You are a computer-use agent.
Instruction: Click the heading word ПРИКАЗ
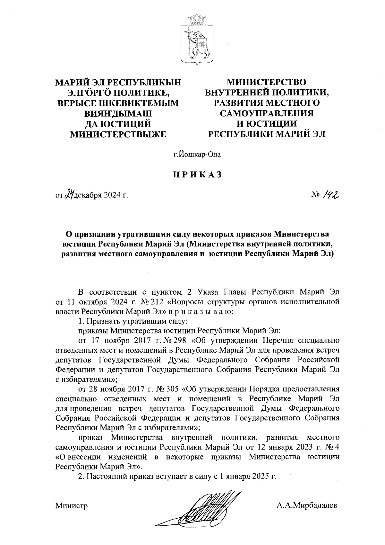click(x=197, y=174)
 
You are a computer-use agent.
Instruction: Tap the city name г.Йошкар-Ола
click(x=197, y=155)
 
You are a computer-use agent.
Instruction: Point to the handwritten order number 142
click(x=328, y=193)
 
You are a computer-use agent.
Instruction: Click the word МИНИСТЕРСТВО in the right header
click(x=267, y=83)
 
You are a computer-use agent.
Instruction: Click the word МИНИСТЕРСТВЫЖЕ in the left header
click(x=118, y=134)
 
